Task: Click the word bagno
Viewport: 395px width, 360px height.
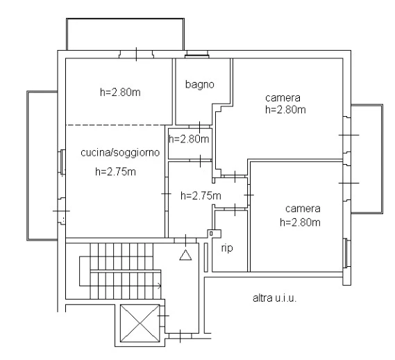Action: click(x=199, y=85)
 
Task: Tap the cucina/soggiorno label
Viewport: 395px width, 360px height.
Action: click(x=120, y=153)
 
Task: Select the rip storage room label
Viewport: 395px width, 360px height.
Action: click(x=227, y=248)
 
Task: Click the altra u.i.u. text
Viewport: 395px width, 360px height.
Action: click(x=274, y=298)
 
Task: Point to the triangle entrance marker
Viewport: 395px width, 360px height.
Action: click(x=185, y=255)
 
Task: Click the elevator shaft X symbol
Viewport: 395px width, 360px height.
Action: click(x=140, y=323)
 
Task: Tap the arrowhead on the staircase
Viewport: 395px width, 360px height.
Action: click(x=159, y=286)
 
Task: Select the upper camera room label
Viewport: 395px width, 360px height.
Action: click(x=283, y=98)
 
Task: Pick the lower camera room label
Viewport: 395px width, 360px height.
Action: click(x=303, y=208)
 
